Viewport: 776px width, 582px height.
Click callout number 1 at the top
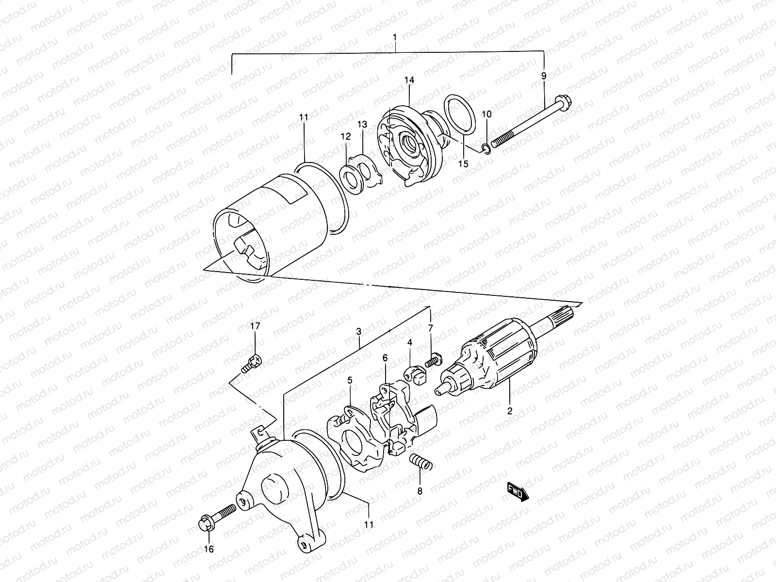pyautogui.click(x=395, y=37)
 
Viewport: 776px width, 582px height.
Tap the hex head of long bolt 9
pyautogui.click(x=566, y=103)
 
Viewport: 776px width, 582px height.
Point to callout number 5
pyautogui.click(x=350, y=381)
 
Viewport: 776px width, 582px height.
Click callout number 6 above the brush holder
pyautogui.click(x=385, y=358)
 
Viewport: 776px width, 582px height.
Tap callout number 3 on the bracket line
pyautogui.click(x=358, y=332)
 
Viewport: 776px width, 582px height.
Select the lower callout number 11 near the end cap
pyautogui.click(x=369, y=524)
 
